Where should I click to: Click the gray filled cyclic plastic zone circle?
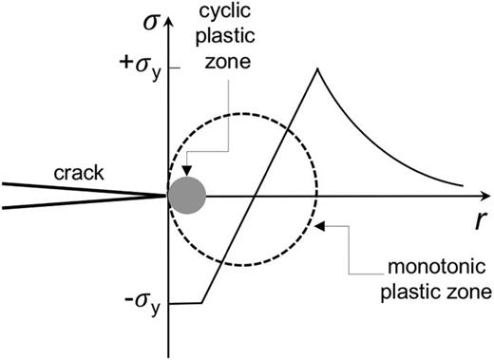point(186,195)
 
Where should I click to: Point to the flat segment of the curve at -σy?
point(187,303)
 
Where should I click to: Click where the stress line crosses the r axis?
point(256,197)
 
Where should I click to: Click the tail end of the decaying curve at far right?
point(462,184)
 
